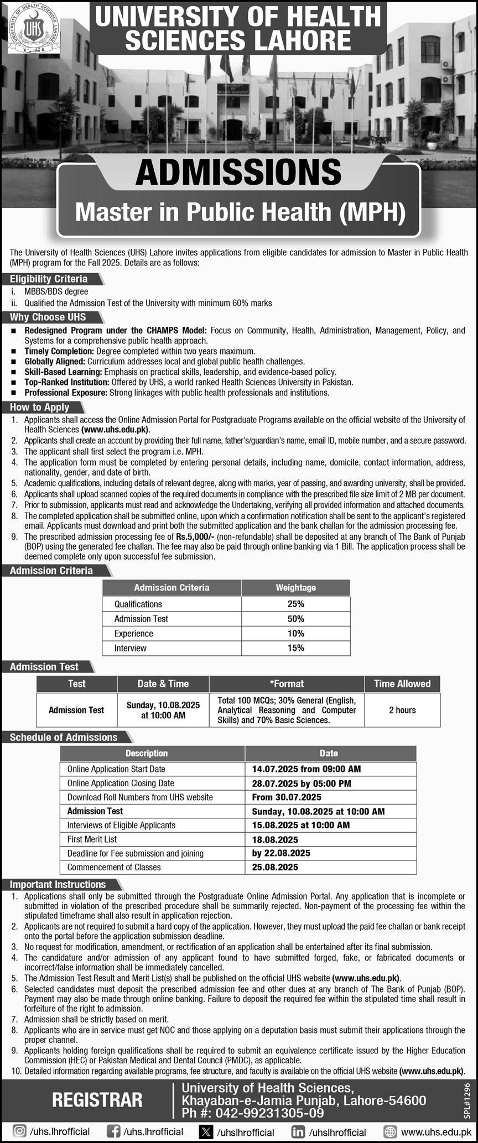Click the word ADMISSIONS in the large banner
(238, 173)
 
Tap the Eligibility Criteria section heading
(49, 279)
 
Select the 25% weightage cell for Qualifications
(295, 604)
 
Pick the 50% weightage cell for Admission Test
(295, 619)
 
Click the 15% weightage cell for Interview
(295, 648)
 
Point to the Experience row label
(134, 634)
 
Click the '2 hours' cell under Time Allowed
(402, 710)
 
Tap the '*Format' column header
(287, 684)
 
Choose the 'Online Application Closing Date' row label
(121, 783)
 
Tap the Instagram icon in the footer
(19, 1131)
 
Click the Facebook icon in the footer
(113, 1131)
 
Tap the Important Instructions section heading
(58, 885)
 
